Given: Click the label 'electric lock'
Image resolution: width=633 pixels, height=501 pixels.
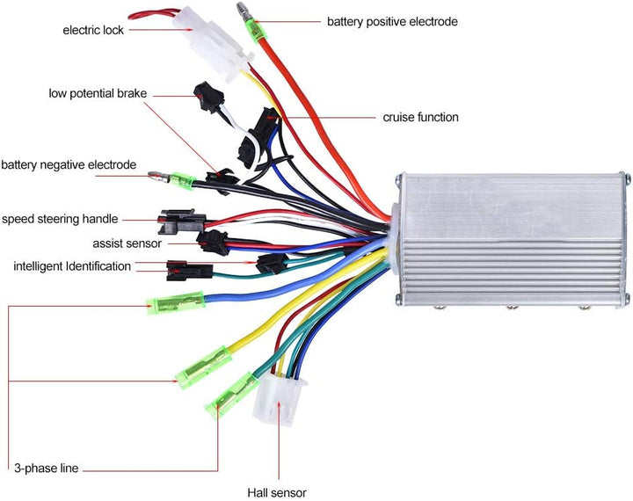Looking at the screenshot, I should coord(93,30).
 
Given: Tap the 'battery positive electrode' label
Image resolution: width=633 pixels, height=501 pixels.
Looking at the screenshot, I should coord(392,21).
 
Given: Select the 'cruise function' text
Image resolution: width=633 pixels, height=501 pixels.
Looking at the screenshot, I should coord(420,117).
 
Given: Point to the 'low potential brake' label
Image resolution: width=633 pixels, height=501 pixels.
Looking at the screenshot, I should coord(98,93).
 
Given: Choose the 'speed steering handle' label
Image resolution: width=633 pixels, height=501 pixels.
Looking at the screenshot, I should coord(60,219).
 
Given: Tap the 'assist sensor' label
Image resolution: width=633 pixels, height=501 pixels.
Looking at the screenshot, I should coord(127,243).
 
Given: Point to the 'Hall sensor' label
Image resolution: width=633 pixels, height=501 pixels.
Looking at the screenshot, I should coord(278,493).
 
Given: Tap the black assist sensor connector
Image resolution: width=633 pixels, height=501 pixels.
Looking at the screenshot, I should coord(213,240).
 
